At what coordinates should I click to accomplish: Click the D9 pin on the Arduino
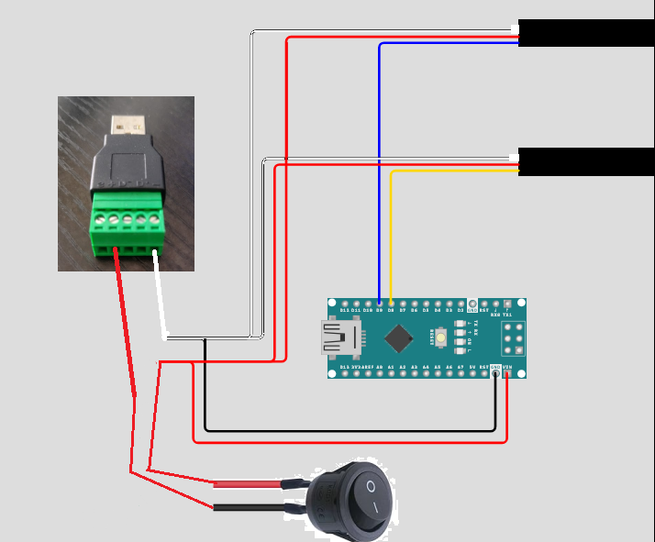(379, 303)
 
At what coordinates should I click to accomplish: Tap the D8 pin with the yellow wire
(392, 303)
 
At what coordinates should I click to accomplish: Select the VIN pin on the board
(507, 373)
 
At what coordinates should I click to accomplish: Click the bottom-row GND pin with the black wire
(495, 373)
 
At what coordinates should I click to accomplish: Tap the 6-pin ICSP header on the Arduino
(513, 338)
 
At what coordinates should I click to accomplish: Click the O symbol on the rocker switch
(371, 485)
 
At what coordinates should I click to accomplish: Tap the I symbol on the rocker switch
(375, 507)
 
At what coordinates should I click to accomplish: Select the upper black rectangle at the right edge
(586, 32)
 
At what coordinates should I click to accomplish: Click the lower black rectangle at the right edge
(586, 161)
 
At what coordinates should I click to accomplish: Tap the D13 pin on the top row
(344, 303)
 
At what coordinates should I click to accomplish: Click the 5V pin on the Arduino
(472, 373)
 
